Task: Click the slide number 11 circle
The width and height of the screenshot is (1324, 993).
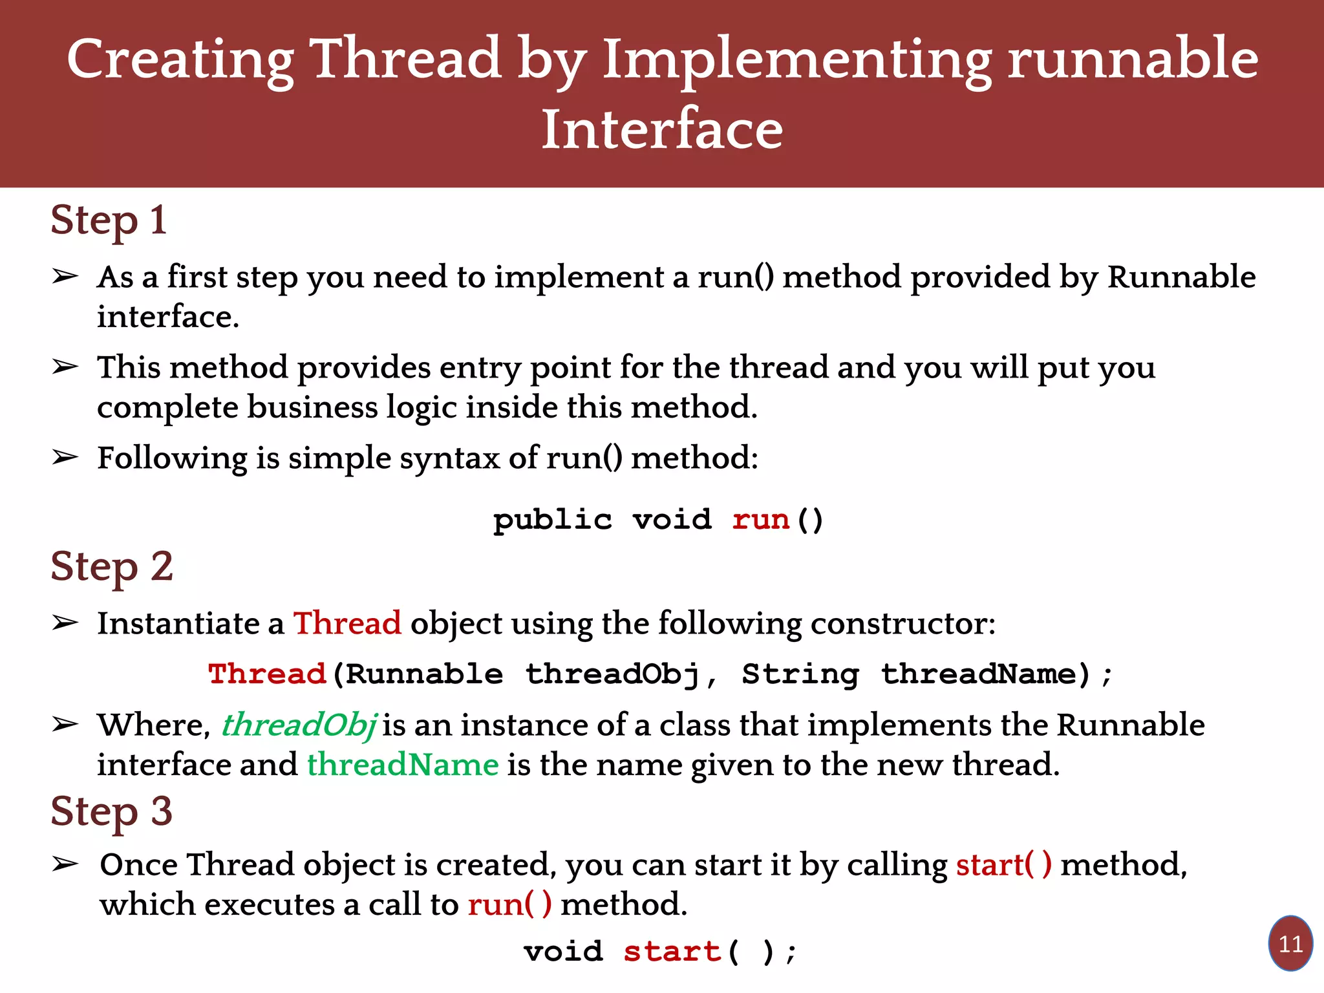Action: [1290, 944]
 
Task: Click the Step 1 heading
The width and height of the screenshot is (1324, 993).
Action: [109, 221]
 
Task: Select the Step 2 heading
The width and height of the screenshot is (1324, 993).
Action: [111, 567]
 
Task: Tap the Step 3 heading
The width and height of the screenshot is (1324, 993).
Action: [111, 811]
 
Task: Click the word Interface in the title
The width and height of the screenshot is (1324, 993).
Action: [662, 129]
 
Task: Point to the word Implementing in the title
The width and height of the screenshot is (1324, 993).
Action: [796, 59]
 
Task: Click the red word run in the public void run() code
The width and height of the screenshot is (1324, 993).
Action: [760, 520]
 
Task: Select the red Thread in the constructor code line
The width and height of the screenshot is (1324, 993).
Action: [266, 674]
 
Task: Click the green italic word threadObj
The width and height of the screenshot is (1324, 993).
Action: [299, 725]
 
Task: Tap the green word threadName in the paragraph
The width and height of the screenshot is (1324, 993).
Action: [402, 765]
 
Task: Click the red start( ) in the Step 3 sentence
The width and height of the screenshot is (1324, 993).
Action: [1003, 865]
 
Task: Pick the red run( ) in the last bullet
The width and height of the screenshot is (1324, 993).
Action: [509, 904]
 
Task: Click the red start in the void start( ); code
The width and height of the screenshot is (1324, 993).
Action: [672, 952]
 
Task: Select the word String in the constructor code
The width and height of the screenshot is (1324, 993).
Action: [800, 674]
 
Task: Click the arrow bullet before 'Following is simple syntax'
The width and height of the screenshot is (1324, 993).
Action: [65, 458]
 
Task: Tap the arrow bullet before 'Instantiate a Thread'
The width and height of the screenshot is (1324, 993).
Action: [65, 623]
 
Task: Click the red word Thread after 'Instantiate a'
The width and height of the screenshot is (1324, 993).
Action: [347, 624]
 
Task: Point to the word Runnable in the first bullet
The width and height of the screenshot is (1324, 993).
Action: [1181, 277]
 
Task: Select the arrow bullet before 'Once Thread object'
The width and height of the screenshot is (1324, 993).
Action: [65, 864]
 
